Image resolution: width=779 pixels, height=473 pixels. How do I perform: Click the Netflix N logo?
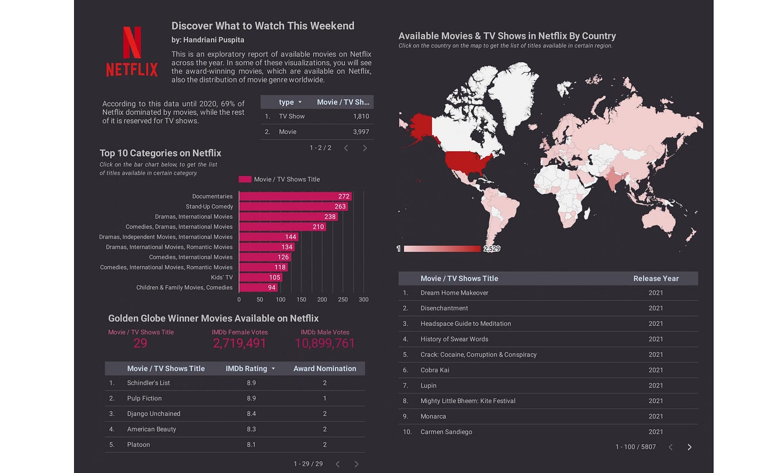[132, 43]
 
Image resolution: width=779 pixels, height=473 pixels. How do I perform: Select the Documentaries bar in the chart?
[295, 196]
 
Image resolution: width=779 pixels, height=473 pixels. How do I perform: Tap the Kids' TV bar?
[260, 277]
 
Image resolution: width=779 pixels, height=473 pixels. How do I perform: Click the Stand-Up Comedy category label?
[209, 206]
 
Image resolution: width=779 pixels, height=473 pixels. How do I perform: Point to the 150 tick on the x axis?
[301, 299]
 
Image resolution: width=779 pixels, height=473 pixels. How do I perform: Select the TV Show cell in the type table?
[292, 116]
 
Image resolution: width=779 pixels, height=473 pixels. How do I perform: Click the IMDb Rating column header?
[246, 368]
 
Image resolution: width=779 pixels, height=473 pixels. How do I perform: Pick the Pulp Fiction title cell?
[144, 398]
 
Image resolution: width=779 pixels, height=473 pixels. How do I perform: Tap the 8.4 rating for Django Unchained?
[251, 414]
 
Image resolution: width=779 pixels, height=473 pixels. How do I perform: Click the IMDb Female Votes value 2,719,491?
[239, 343]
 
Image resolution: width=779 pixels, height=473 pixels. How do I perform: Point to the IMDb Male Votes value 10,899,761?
[324, 343]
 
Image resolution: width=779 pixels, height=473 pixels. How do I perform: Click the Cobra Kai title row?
[435, 370]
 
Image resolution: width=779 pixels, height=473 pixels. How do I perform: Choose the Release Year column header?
[655, 278]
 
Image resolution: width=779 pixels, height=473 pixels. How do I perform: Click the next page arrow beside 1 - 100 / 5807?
[689, 447]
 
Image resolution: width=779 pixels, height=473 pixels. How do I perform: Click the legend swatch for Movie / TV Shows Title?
[245, 179]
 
